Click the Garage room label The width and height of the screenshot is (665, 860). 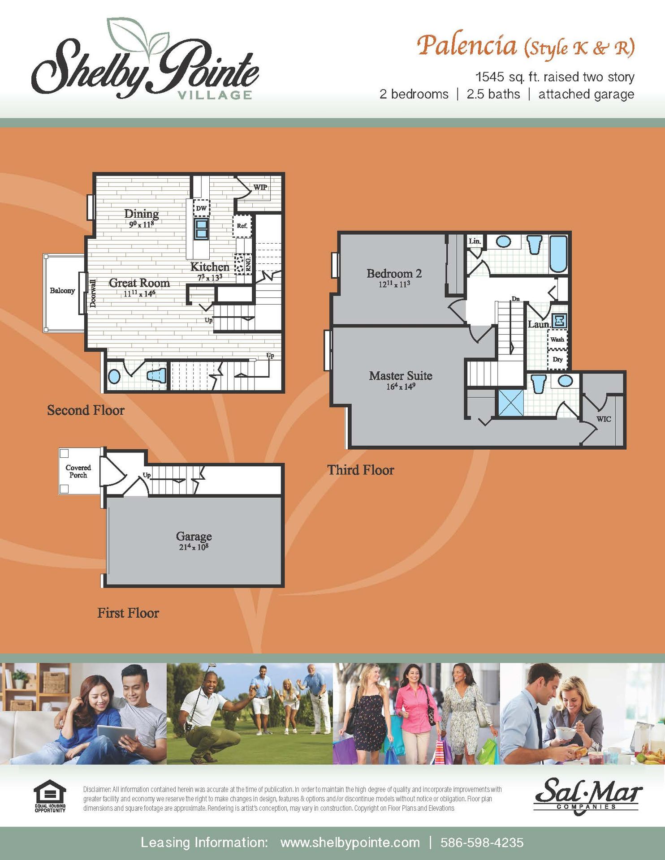pos(194,536)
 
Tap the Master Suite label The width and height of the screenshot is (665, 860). pos(401,376)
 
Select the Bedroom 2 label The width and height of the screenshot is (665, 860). pos(394,274)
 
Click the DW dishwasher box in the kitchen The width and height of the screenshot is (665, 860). pos(202,208)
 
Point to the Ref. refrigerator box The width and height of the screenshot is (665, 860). pos(242,226)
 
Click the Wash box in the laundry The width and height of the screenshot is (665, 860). pos(557,340)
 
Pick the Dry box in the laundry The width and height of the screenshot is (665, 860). pos(557,359)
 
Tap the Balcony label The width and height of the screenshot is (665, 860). pos(62,291)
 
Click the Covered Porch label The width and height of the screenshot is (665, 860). pos(78,471)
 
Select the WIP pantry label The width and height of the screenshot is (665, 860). pos(260,187)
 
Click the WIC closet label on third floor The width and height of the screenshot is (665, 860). pos(603,419)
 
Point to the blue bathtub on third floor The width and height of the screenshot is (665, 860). pos(558,254)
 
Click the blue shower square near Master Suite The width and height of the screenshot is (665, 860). pos(511,403)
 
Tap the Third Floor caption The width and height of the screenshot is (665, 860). pos(361,470)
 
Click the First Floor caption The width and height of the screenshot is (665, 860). pos(128,613)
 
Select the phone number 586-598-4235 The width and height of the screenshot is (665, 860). pos(482,843)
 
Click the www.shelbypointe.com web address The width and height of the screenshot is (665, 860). pos(350,843)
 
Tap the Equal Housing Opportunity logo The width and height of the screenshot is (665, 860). pos(50,796)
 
